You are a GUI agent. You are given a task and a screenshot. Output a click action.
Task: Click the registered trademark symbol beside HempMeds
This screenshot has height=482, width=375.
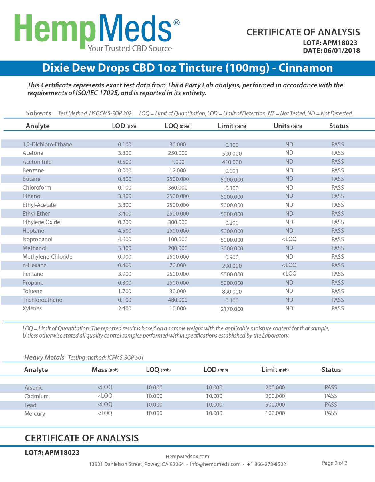point(177,23)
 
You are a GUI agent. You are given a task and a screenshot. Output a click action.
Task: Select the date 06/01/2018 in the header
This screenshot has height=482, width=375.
point(342,51)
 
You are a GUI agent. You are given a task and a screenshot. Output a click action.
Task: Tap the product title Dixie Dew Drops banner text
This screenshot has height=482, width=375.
point(187,68)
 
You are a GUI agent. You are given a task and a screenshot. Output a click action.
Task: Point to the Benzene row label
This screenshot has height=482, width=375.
point(33,170)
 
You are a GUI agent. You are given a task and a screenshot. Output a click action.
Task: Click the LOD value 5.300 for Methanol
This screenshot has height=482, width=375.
point(125,248)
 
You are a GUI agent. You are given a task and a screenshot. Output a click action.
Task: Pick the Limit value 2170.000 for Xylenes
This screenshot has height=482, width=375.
point(232,309)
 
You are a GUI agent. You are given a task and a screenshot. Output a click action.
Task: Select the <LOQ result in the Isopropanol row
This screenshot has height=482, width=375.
point(289,239)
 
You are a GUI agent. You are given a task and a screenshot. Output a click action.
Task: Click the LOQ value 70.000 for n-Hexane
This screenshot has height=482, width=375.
point(177,265)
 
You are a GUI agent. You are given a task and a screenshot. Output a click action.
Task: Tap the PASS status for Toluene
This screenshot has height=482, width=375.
point(338,291)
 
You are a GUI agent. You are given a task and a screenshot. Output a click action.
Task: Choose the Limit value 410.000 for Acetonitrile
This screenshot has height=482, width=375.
point(232,162)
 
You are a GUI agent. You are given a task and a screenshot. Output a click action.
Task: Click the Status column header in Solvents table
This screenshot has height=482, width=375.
point(339,126)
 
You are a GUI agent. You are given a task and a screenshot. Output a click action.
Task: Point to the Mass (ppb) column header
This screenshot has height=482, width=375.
point(105,370)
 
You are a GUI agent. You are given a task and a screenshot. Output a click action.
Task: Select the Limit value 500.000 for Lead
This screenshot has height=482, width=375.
point(275,405)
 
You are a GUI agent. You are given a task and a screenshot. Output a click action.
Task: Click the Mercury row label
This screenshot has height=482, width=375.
point(35,413)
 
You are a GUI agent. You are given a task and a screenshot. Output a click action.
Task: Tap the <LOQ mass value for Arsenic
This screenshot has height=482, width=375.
point(105,387)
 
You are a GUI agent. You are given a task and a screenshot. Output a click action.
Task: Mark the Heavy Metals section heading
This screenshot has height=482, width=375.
point(44,357)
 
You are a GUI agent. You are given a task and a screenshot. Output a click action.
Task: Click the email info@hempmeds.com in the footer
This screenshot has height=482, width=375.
point(215,464)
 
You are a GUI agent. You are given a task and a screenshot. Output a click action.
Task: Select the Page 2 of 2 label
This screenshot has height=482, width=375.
point(334,463)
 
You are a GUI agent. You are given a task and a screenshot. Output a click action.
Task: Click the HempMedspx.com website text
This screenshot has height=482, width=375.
point(187,456)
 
